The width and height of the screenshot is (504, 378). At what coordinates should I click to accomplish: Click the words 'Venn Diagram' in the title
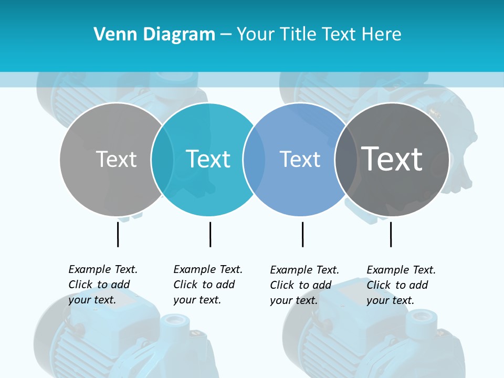[154, 35]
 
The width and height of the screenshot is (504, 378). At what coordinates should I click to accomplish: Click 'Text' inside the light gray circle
[116, 159]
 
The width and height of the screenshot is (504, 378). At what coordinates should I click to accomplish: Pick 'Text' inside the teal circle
[208, 159]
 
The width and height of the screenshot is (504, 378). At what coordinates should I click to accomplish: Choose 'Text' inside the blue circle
[300, 159]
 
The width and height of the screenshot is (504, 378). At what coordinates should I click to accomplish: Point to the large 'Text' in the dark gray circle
[392, 159]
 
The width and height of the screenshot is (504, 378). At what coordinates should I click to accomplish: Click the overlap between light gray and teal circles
[162, 159]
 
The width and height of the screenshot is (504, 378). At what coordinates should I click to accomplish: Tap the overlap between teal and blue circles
[254, 159]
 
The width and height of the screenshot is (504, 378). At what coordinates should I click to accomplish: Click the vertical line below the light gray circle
[118, 234]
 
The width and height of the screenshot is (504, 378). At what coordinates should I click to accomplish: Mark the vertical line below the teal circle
[210, 234]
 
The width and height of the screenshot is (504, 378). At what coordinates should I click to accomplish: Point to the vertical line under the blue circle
[302, 234]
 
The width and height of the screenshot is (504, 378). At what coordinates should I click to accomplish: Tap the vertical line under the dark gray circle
[391, 234]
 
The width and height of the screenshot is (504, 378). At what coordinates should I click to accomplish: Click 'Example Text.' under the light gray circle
[103, 269]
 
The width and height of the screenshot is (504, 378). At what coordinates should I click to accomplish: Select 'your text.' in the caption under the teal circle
[197, 300]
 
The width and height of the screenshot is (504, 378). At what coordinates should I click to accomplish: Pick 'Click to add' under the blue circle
[300, 285]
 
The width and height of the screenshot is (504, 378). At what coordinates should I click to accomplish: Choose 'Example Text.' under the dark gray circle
[401, 270]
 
